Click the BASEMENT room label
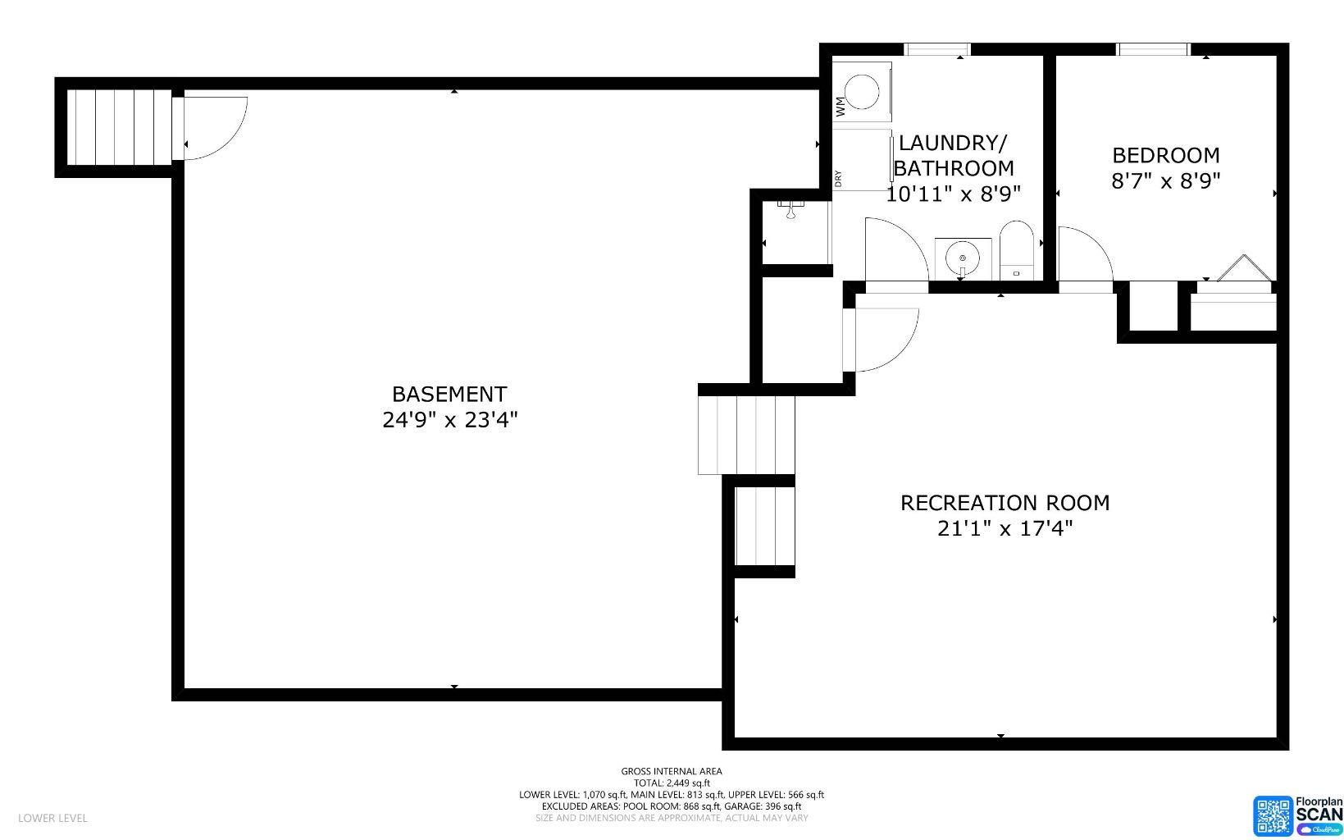pyautogui.click(x=449, y=394)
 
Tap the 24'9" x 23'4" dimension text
pyautogui.click(x=449, y=420)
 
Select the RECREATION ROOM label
pyautogui.click(x=1005, y=503)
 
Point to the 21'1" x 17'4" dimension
pyautogui.click(x=1005, y=528)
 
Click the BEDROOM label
pyautogui.click(x=1165, y=155)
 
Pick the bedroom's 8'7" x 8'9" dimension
pyautogui.click(x=1165, y=180)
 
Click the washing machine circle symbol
pyautogui.click(x=863, y=92)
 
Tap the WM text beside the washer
pyautogui.click(x=840, y=105)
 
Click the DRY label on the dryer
pyautogui.click(x=838, y=178)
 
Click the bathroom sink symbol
pyautogui.click(x=963, y=259)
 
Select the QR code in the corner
pyautogui.click(x=1272, y=815)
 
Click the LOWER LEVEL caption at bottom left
pyautogui.click(x=52, y=818)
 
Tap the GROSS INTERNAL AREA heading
pyautogui.click(x=671, y=771)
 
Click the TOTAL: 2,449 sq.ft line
pyautogui.click(x=671, y=783)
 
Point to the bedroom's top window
pyautogui.click(x=1153, y=50)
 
